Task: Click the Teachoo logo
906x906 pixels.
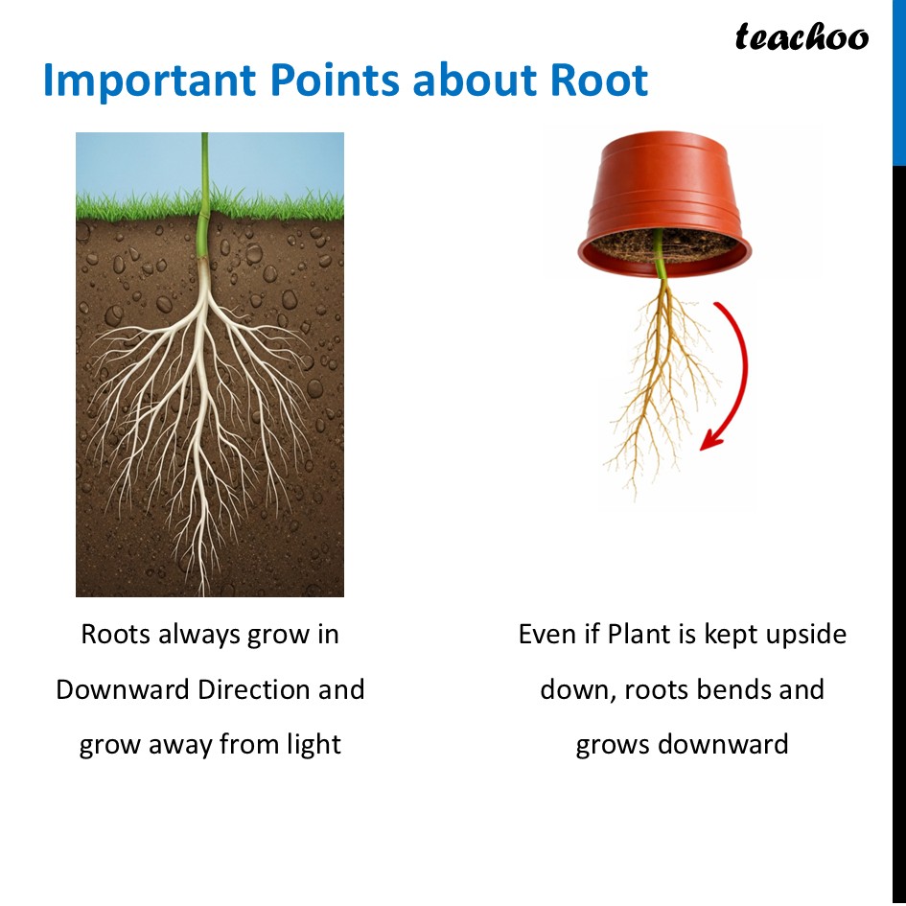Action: tap(801, 37)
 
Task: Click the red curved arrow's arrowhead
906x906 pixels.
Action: tap(709, 438)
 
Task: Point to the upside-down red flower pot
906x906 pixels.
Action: tap(663, 197)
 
